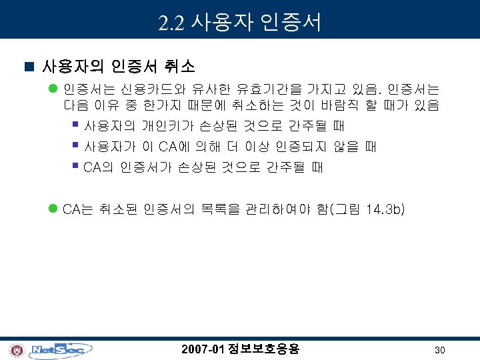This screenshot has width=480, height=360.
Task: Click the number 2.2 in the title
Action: [172, 23]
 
